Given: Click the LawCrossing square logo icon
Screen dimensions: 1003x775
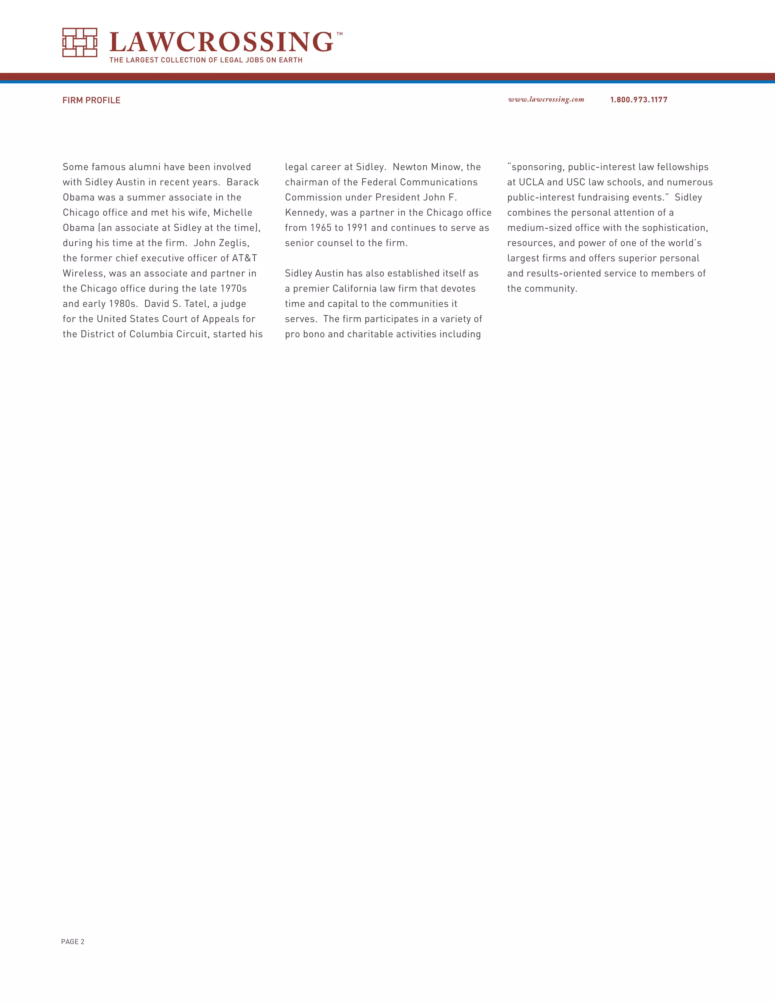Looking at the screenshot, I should (79, 42).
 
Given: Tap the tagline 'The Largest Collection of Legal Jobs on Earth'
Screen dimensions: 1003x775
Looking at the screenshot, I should (206, 60).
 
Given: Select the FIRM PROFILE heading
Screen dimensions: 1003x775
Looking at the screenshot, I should (91, 100).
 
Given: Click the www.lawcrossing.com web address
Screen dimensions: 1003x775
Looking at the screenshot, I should (546, 100).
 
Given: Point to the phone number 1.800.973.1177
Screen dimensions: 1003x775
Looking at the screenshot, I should (639, 100).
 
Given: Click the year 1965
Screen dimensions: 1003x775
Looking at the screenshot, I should (321, 228).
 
